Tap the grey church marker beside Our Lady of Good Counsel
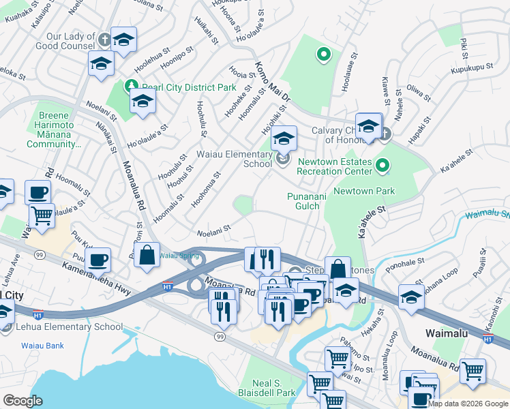click(x=104, y=39)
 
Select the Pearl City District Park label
click(x=188, y=87)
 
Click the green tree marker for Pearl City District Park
click(x=131, y=87)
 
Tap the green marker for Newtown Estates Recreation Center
click(x=382, y=165)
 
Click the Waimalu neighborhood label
click(x=447, y=334)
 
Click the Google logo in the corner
click(x=22, y=401)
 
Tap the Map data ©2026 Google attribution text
click(x=468, y=404)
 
